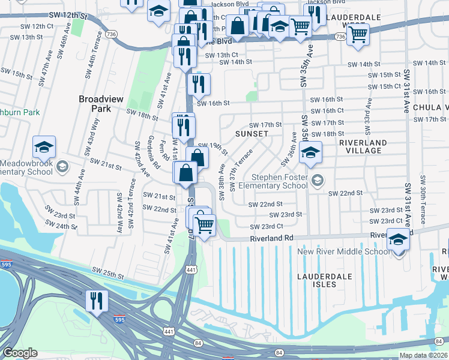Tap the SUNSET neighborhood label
[252, 133]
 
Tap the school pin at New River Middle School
[398, 239]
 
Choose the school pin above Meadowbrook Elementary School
[44, 146]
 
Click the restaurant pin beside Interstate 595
[95, 300]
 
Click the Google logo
[20, 353]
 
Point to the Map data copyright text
[423, 355]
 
